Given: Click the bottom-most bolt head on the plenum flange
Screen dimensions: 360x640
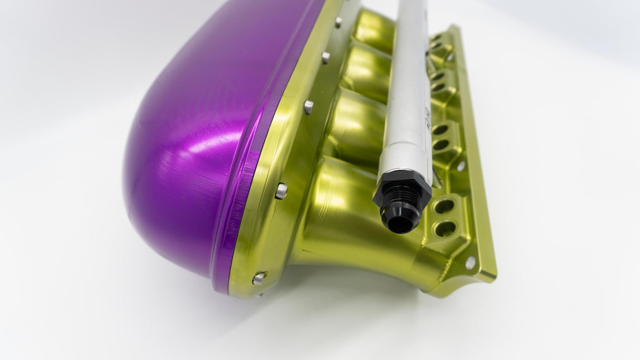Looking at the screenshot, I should pyautogui.click(x=258, y=279).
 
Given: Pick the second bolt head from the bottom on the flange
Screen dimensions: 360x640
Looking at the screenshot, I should pyautogui.click(x=281, y=191).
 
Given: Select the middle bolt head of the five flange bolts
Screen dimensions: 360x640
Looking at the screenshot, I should pyautogui.click(x=308, y=107).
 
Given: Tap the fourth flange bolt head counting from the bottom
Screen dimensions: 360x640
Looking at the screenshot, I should pyautogui.click(x=326, y=57).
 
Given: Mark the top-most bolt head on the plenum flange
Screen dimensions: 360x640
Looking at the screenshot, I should pyautogui.click(x=338, y=22).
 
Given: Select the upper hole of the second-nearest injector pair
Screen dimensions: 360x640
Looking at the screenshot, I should pyautogui.click(x=440, y=129).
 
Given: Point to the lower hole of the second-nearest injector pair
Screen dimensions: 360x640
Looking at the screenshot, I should pyautogui.click(x=441, y=144).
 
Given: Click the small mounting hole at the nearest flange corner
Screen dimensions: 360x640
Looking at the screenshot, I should pyautogui.click(x=470, y=263).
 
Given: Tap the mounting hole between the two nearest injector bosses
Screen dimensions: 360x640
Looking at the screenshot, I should pyautogui.click(x=461, y=166).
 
